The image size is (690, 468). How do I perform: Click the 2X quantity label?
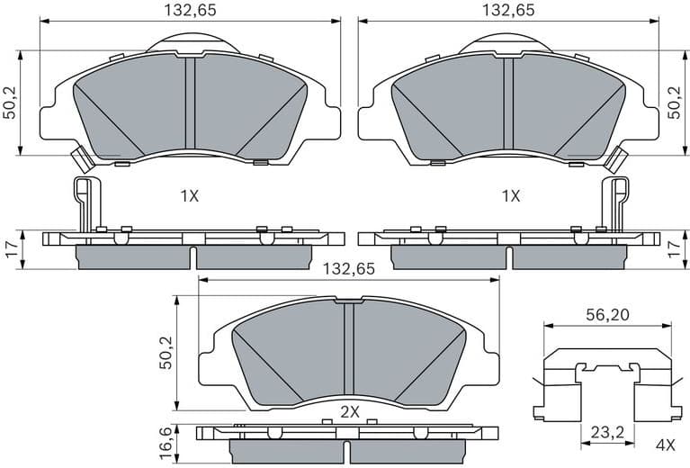pos(350,411)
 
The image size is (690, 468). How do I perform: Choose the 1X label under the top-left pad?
pos(189,195)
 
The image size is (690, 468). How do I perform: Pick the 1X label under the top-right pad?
pos(510,195)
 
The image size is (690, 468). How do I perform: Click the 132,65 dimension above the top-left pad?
pos(191,11)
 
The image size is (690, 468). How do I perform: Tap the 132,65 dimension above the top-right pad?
pos(508,11)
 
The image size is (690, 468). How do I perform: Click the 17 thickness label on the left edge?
pos(11,249)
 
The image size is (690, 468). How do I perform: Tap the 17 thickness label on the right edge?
pos(676,249)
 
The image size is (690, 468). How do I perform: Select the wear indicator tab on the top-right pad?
pos(616,159)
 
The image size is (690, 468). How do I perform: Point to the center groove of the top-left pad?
pos(189,101)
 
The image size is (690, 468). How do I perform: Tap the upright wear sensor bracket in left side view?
pos(83,202)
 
